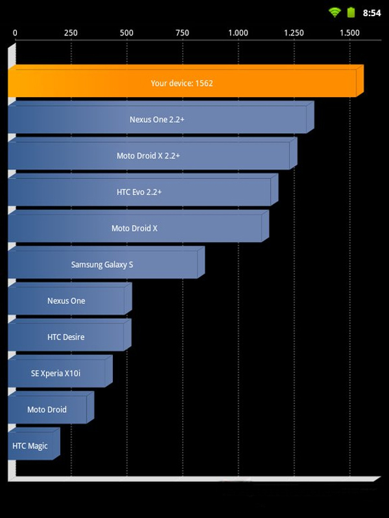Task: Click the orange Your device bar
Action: pyautogui.click(x=185, y=81)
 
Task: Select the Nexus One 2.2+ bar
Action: pyautogui.click(x=161, y=117)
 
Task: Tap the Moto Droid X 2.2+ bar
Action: pyautogui.click(x=152, y=153)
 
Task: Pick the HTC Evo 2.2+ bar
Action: pyautogui.click(x=143, y=190)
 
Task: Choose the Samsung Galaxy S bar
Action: pyautogui.click(x=106, y=262)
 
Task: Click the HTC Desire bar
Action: pyautogui.click(x=69, y=335)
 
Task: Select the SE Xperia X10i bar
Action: pyautogui.click(x=60, y=371)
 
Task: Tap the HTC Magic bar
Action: pyautogui.click(x=34, y=444)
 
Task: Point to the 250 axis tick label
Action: pyautogui.click(x=71, y=33)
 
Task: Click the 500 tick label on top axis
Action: pyautogui.click(x=126, y=33)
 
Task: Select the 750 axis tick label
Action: pyautogui.click(x=182, y=33)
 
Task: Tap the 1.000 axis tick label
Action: pyautogui.click(x=238, y=33)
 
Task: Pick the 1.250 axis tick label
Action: pyautogui.click(x=294, y=33)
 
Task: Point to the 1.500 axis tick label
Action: pyautogui.click(x=349, y=33)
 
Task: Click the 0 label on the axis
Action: pyautogui.click(x=15, y=33)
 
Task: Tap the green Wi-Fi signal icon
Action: pyautogui.click(x=335, y=12)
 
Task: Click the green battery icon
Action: pyautogui.click(x=351, y=12)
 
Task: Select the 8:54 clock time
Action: pyautogui.click(x=371, y=13)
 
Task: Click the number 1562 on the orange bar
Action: pyautogui.click(x=204, y=84)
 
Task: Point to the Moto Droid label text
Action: pyautogui.click(x=47, y=410)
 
